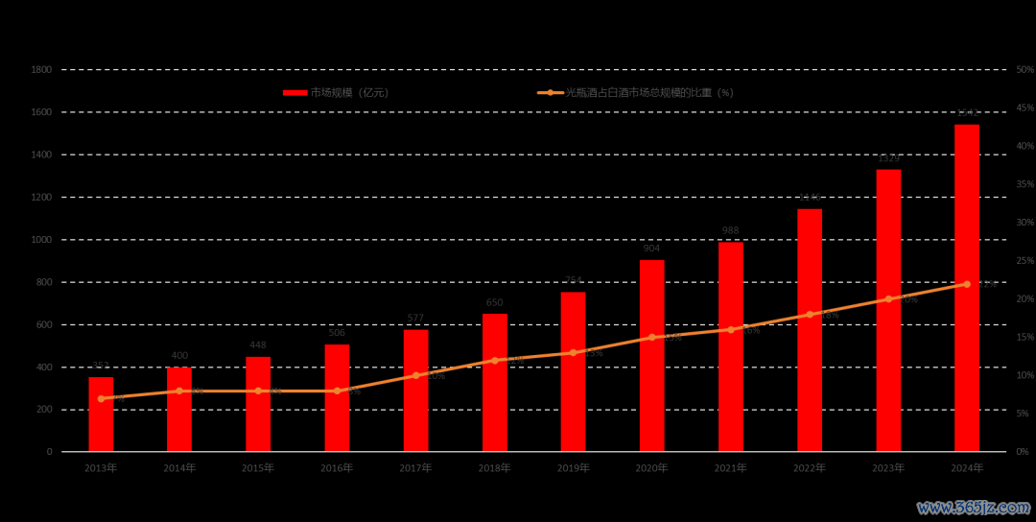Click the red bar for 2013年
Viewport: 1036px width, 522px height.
101,415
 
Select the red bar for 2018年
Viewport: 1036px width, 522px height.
494,383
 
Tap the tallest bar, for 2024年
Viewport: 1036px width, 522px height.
967,288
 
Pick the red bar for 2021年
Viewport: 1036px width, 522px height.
731,346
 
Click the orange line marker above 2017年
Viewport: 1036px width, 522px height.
415,375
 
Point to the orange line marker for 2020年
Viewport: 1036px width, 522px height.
652,337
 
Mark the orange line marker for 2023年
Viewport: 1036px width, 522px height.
888,299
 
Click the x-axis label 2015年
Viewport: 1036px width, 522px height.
258,468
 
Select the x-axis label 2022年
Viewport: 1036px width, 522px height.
810,468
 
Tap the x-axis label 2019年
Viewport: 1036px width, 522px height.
573,468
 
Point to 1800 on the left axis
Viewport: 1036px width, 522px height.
41,70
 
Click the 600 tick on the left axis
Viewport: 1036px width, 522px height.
44,324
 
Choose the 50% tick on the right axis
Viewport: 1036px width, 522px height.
1024,70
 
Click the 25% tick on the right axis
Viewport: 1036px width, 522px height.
1024,261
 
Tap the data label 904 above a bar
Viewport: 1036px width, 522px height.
652,249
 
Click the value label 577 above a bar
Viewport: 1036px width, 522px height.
415,319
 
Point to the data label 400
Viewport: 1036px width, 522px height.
179,356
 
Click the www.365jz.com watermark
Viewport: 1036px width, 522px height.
971,507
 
